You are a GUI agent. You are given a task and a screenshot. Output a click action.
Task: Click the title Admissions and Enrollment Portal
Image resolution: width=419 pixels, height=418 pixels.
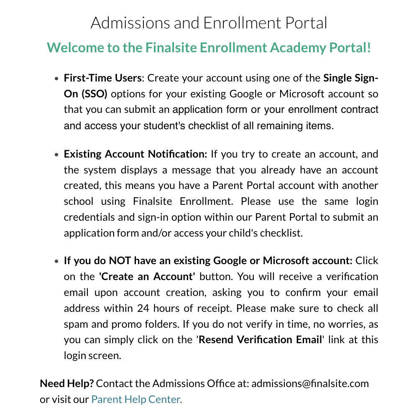click(x=209, y=23)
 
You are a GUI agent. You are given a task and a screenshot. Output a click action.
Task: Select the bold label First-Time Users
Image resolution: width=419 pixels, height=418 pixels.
click(x=103, y=78)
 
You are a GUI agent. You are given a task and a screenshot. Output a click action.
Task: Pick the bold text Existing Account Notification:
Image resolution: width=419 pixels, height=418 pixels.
click(x=135, y=154)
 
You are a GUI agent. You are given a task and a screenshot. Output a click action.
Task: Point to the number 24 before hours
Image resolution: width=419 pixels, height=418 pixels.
click(x=143, y=308)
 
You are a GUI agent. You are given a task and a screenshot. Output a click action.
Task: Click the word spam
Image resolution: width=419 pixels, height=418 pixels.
click(x=74, y=324)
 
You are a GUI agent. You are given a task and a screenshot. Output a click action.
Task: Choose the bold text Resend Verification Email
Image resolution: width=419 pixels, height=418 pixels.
click(x=260, y=339)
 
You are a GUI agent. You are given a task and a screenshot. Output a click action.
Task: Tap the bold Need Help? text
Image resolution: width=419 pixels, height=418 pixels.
click(x=67, y=383)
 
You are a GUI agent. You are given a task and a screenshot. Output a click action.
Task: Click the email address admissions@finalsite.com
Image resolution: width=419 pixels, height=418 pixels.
click(x=310, y=383)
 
